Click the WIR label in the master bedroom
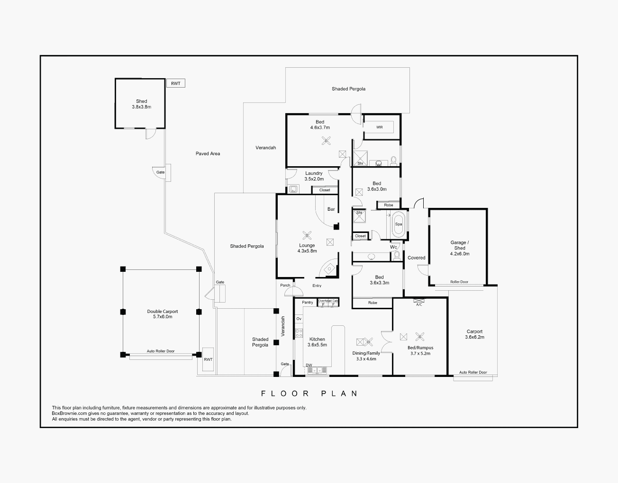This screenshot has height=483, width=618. point(379,127)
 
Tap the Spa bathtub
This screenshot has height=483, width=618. point(398,224)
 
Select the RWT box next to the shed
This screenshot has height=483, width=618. point(175,83)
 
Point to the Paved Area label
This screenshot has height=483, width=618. point(208,153)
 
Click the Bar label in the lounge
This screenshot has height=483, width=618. point(331,209)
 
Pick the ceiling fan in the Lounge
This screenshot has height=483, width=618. point(307,235)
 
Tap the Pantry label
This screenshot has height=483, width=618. point(308,303)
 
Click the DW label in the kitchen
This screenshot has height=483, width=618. point(309,365)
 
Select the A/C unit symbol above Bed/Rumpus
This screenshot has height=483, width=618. point(418,301)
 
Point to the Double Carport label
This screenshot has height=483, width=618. point(162,312)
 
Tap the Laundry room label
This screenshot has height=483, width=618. point(314,173)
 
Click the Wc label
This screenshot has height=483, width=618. point(393,247)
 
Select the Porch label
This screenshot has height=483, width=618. point(285,286)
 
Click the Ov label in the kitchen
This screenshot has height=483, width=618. point(299,319)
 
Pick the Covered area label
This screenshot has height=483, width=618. point(416,258)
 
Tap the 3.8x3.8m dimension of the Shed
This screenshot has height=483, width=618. point(141,107)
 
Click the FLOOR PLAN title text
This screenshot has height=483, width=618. point(309,394)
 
